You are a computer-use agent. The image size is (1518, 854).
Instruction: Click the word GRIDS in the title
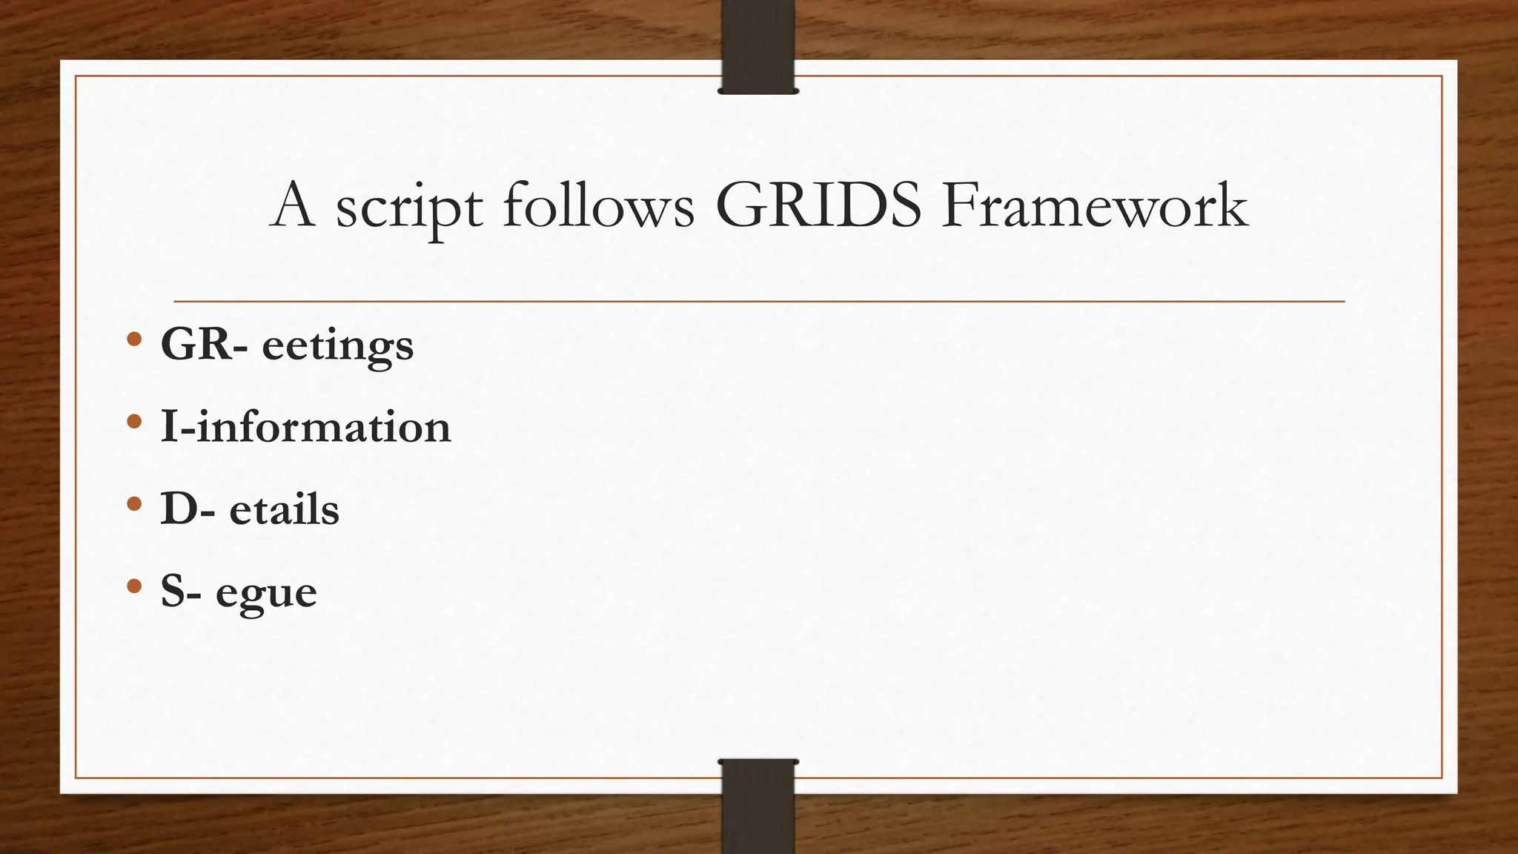pyautogui.click(x=818, y=205)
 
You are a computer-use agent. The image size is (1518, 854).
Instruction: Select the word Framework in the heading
pyautogui.click(x=1096, y=205)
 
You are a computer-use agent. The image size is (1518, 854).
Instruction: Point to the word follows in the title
pyautogui.click(x=599, y=205)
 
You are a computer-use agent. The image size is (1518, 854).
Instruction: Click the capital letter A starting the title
pyautogui.click(x=294, y=205)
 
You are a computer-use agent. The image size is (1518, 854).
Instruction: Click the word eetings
pyautogui.click(x=338, y=347)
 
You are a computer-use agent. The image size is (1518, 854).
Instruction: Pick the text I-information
pyautogui.click(x=305, y=427)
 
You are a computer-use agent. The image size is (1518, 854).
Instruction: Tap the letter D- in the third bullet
pyautogui.click(x=189, y=509)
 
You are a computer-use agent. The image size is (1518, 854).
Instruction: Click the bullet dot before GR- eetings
pyautogui.click(x=133, y=340)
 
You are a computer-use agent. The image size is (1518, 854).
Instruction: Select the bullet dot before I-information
pyautogui.click(x=133, y=422)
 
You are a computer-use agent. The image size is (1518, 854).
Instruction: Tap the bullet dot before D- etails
pyautogui.click(x=133, y=504)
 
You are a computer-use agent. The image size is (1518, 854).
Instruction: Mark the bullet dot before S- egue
pyautogui.click(x=133, y=586)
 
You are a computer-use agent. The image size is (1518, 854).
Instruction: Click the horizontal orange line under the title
pyautogui.click(x=759, y=302)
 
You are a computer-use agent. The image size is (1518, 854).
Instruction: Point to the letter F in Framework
pyautogui.click(x=961, y=205)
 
